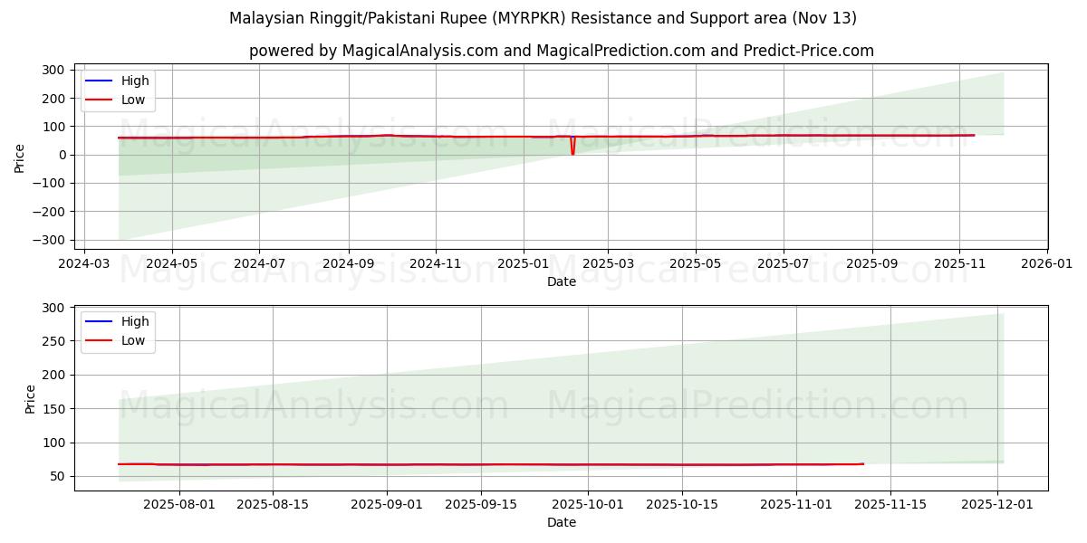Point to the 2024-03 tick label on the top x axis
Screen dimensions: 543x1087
tap(84, 264)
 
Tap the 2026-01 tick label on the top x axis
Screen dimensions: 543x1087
tap(1047, 264)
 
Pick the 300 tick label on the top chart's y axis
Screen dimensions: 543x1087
tap(53, 70)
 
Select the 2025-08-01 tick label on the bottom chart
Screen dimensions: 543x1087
tap(179, 505)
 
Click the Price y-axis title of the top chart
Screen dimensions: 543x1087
tap(20, 157)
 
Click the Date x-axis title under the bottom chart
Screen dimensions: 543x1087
tap(561, 522)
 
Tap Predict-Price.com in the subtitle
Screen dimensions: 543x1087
tap(808, 51)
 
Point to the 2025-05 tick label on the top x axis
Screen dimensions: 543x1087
tap(696, 264)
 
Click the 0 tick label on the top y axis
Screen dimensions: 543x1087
tap(61, 155)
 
